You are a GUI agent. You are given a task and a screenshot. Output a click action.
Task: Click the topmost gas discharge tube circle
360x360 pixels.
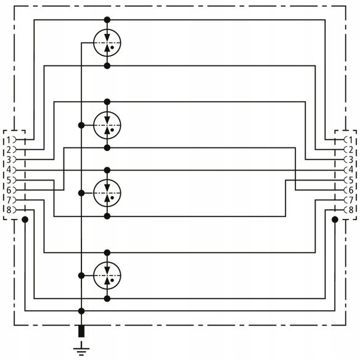point(107,43)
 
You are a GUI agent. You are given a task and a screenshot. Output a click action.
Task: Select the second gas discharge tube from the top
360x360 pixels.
point(107,125)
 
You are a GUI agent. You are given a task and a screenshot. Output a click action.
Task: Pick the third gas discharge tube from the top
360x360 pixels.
point(107,193)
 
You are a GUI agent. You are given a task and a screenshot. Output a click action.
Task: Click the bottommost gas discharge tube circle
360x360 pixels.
point(107,276)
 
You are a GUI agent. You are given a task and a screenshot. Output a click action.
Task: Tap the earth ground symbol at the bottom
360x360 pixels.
point(81,348)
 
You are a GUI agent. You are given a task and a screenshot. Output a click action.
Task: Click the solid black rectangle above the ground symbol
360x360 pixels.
point(81,331)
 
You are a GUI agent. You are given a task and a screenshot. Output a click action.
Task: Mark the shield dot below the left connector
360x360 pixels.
point(25,219)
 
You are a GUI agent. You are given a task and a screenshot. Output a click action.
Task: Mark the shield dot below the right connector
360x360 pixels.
point(335,219)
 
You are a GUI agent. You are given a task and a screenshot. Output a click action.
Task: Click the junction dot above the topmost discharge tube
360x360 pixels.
point(107,20)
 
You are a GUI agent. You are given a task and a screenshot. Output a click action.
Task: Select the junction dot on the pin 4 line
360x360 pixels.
point(107,170)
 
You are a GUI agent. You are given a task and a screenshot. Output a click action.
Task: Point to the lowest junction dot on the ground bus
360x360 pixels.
point(81,311)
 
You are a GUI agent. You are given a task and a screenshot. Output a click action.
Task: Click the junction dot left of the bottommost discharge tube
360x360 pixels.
point(81,276)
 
